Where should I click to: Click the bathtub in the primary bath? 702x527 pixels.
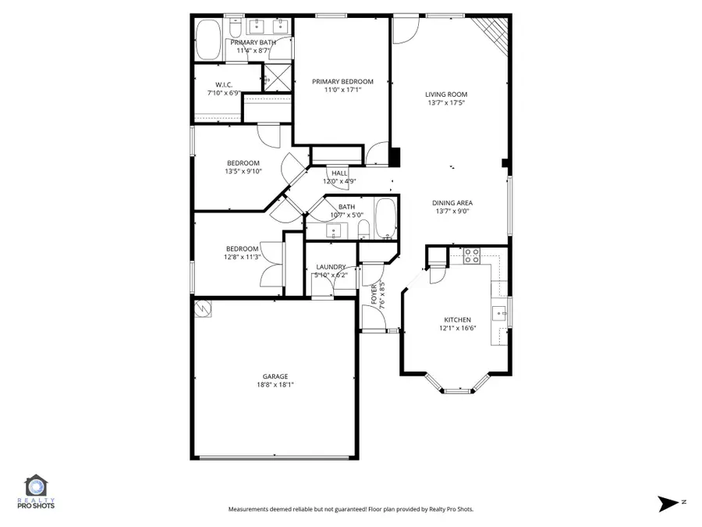[x=207, y=39]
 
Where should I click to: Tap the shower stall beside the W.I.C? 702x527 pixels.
[x=275, y=78]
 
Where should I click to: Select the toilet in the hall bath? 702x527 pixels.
[x=363, y=230]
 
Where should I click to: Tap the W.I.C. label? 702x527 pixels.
[x=225, y=85]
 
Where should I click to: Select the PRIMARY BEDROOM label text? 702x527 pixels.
[x=342, y=81]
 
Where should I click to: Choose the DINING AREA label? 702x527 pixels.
[x=452, y=203]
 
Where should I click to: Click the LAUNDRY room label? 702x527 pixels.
[x=331, y=267]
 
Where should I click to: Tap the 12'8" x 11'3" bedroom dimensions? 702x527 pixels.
[x=242, y=257]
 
